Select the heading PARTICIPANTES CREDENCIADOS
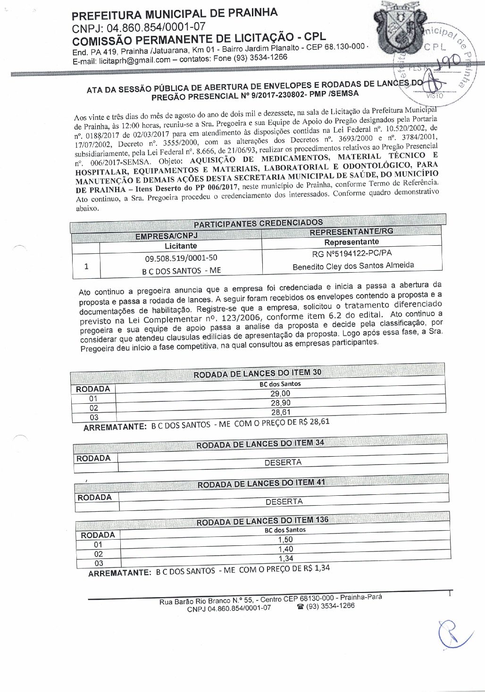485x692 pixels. tap(258, 223)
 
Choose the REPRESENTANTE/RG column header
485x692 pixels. tap(351, 232)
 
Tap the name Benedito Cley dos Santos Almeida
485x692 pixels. tap(353, 266)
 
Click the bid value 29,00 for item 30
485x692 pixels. tap(280, 393)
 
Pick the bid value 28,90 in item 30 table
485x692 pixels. tap(281, 403)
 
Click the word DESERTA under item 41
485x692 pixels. tap(284, 501)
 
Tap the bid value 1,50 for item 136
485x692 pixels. tap(285, 540)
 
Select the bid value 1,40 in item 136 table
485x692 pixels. tap(285, 549)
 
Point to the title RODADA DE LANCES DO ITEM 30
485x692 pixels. tap(258, 373)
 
